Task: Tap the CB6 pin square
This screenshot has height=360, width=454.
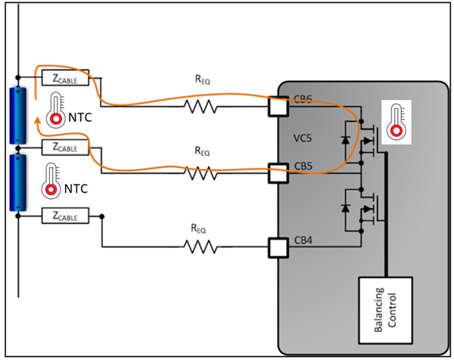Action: pyautogui.click(x=278, y=107)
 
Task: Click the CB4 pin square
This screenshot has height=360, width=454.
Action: pyautogui.click(x=278, y=247)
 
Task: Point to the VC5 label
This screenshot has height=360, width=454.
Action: pyautogui.click(x=303, y=139)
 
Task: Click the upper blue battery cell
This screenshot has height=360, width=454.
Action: pyautogui.click(x=17, y=116)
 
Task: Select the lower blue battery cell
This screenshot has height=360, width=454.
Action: pyautogui.click(x=17, y=182)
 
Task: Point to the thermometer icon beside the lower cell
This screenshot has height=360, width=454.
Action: pyautogui.click(x=53, y=178)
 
